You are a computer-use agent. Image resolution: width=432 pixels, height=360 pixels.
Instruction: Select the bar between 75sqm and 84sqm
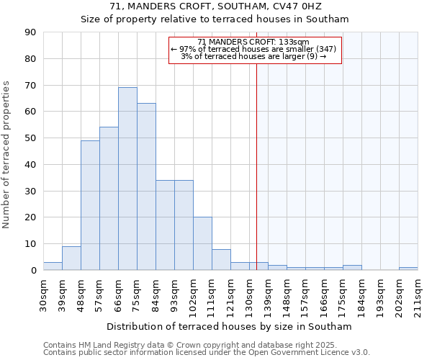pos(146,186)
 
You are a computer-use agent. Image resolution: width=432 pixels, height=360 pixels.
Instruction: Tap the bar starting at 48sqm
pos(90,205)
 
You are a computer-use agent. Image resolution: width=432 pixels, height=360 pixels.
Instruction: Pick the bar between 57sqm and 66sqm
pos(109,199)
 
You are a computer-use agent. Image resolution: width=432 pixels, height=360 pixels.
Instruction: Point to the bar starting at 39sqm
pos(71,258)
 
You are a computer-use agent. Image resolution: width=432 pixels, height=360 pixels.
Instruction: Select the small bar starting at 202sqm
pos(408,269)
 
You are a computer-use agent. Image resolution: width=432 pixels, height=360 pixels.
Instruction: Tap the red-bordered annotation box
pos(254,50)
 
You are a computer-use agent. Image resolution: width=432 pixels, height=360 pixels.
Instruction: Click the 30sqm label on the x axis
pos(44,293)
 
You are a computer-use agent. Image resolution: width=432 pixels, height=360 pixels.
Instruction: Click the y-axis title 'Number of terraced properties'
pos(6,154)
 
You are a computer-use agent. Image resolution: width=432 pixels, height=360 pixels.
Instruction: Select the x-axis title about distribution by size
pos(230,326)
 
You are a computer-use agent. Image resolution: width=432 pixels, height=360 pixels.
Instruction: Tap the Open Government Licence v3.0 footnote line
pos(207,352)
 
